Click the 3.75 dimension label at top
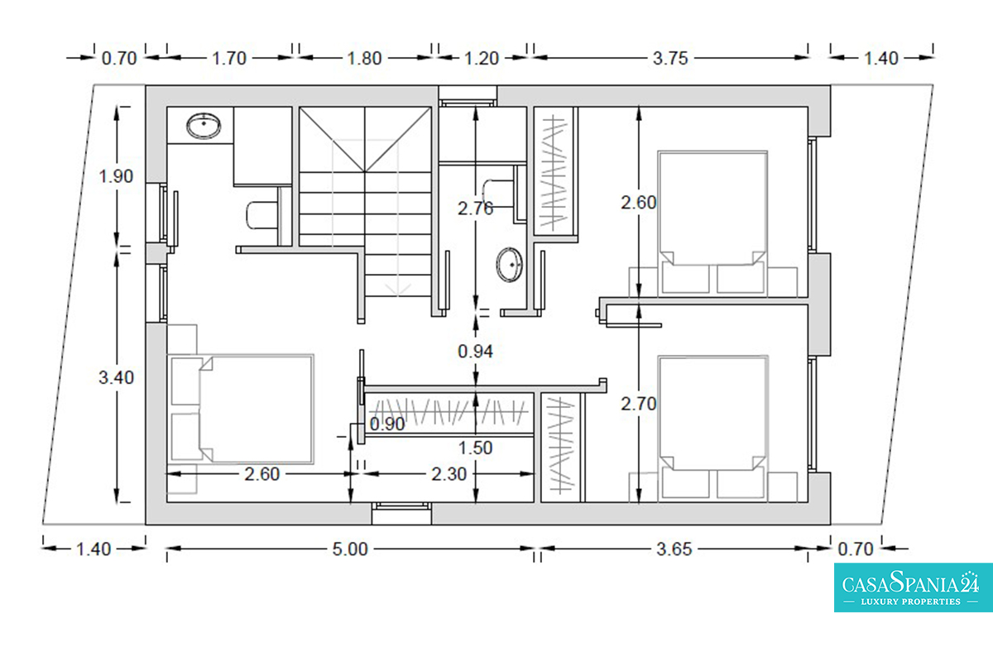(670, 59)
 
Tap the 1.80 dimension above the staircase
(364, 59)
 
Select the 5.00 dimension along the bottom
(350, 549)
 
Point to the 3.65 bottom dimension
(674, 549)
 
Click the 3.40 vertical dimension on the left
(116, 378)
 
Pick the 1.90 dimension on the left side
(116, 176)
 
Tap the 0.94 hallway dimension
(475, 352)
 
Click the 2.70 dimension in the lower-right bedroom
(638, 404)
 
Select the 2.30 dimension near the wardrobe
(449, 474)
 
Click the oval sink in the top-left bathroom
(204, 126)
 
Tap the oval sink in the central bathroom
(510, 264)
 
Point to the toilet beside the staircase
(262, 215)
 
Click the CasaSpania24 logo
(914, 588)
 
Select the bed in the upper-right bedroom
(712, 222)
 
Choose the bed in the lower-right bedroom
(712, 426)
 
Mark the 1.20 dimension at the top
(482, 59)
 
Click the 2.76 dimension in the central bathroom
(475, 209)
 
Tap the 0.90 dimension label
(387, 425)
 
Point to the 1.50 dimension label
(475, 448)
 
